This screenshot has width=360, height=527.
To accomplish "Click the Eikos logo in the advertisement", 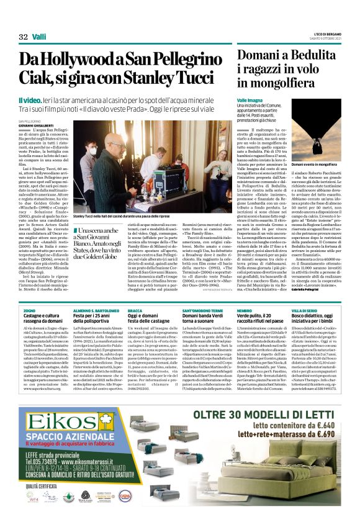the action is click(60, 404).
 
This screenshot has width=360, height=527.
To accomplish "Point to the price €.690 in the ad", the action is click(322, 418).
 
